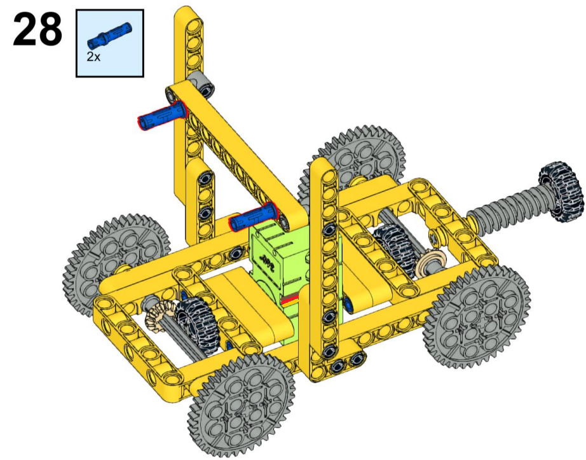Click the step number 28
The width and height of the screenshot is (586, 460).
coord(37,29)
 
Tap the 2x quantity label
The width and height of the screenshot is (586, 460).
coord(93,57)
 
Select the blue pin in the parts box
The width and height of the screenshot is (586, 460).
coord(109,35)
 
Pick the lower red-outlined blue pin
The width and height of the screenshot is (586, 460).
coord(254,217)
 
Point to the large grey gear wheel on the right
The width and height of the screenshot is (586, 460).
coord(477,316)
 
